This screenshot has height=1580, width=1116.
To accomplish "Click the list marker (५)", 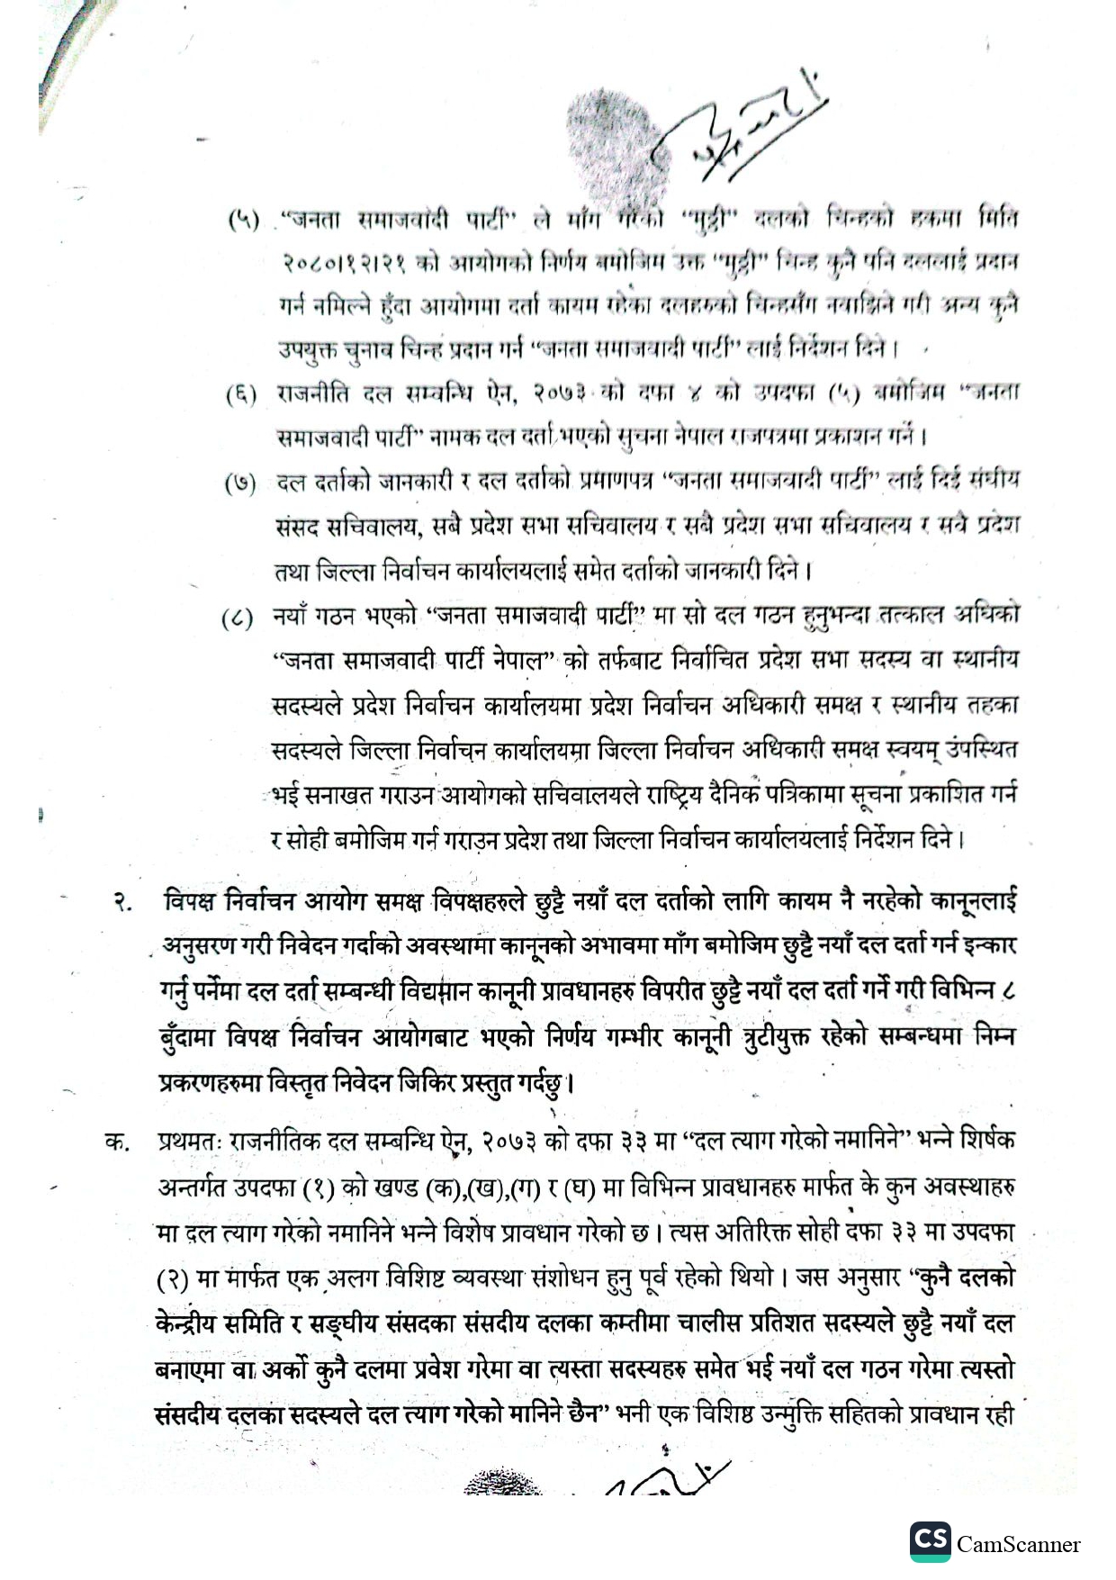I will point(242,220).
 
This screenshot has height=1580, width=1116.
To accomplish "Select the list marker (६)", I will point(241,393).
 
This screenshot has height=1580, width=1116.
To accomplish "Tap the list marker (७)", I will point(240,483).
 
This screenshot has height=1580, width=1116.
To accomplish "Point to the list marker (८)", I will point(238,619).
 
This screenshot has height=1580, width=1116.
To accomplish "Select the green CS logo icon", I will point(930,1541).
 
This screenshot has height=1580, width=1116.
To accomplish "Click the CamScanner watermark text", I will point(1018,1545).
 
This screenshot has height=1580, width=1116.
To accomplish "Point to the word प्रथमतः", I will point(189,1142).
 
